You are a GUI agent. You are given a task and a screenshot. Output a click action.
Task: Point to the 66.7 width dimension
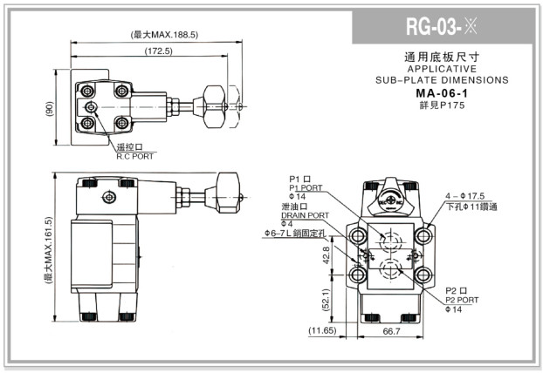click(x=392, y=332)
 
